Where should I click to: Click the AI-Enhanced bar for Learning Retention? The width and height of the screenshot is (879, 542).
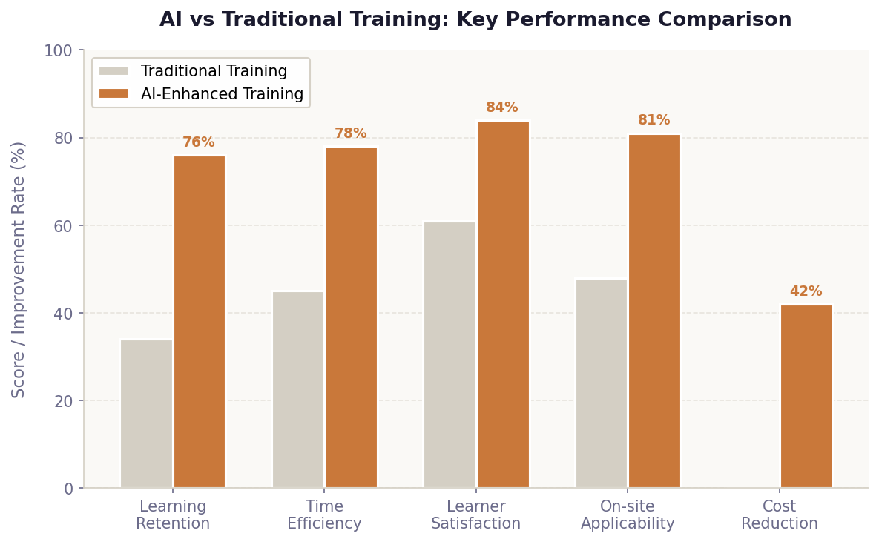click(x=200, y=322)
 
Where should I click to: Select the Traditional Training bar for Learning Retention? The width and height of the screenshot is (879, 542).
click(x=146, y=414)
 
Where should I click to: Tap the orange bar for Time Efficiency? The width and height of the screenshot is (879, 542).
click(x=351, y=317)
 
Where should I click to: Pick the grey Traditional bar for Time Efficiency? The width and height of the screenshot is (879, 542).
click(x=298, y=389)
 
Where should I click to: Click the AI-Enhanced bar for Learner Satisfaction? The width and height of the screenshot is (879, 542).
click(x=503, y=304)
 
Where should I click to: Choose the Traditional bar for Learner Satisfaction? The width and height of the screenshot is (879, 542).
click(x=450, y=354)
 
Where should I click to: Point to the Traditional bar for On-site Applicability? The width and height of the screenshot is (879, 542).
click(x=602, y=383)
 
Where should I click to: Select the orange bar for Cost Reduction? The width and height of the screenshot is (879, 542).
click(x=806, y=396)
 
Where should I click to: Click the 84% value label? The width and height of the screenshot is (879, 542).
click(x=502, y=108)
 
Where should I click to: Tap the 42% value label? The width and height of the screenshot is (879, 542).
click(x=806, y=291)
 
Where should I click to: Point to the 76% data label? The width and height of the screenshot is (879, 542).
click(x=199, y=142)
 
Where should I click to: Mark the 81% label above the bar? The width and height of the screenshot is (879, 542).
click(x=654, y=120)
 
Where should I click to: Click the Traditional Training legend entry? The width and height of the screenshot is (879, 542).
click(x=214, y=72)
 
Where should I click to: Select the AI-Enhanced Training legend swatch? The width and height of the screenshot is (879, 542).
click(x=113, y=94)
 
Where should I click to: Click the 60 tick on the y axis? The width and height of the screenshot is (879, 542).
click(x=64, y=225)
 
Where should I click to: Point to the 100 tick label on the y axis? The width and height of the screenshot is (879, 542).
click(x=59, y=50)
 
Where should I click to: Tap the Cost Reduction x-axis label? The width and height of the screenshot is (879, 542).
click(x=780, y=515)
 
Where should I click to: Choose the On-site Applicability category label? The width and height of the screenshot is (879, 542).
click(x=628, y=515)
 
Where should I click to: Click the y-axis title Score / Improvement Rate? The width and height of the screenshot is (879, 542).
click(x=19, y=269)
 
